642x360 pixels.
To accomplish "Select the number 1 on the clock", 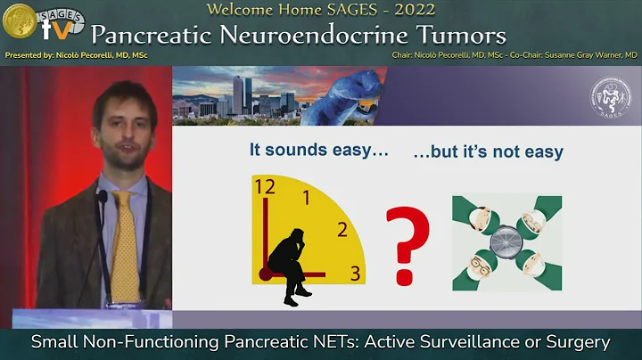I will point(308,198).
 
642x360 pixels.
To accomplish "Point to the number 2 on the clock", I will point(342,230).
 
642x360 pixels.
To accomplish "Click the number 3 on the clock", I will point(355,274).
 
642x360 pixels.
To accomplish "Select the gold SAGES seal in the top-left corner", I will point(20,21).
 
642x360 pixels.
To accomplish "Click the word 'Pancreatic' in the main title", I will point(170,36).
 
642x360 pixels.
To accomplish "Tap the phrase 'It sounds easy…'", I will point(319,151).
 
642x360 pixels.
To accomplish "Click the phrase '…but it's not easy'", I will point(488,151).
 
